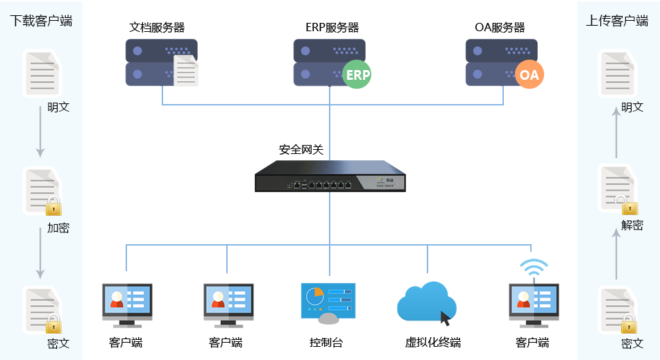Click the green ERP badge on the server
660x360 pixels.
[357, 74]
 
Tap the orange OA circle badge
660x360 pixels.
[530, 74]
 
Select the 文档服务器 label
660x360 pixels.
[157, 27]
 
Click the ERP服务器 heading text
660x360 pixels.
[332, 27]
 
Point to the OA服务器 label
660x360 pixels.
[500, 27]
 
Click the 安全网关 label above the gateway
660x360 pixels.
[301, 149]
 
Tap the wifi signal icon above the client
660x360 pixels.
[534, 267]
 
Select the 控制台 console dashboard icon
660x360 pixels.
[328, 303]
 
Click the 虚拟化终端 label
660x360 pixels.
[432, 343]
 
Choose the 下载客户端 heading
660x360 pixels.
[41, 21]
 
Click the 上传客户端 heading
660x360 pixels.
[617, 21]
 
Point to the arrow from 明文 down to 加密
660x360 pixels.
[40, 131]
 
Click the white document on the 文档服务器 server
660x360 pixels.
[185, 70]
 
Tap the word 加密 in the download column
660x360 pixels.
[58, 228]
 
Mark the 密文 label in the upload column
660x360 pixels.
[632, 343]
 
